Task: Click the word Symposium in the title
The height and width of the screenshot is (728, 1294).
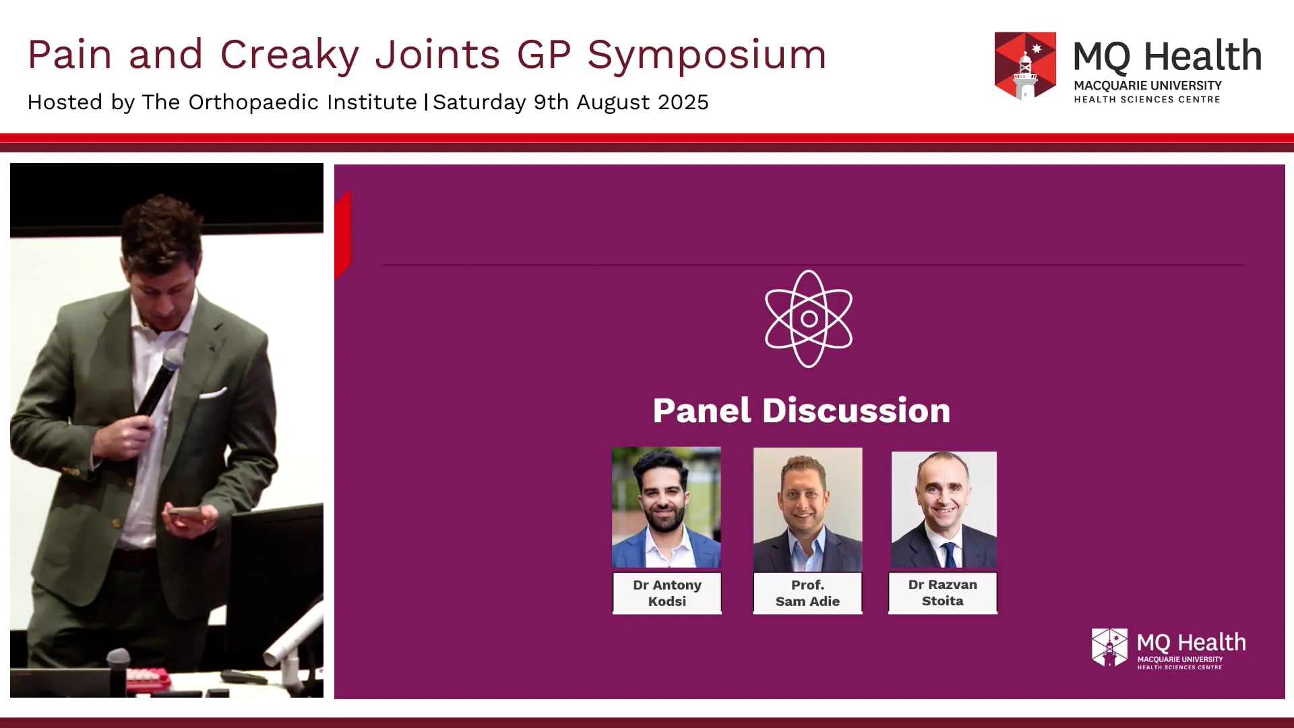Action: [x=706, y=55]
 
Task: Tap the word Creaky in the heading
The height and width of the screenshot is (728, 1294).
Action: [x=290, y=55]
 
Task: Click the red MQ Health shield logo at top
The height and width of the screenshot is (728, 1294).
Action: [x=1025, y=66]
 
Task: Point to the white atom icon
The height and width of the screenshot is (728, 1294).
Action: [x=808, y=319]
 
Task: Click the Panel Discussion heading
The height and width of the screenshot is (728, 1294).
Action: [x=801, y=411]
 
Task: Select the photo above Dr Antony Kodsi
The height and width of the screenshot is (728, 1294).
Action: [x=666, y=507]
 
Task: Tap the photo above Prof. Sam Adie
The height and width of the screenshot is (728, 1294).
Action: [x=807, y=509]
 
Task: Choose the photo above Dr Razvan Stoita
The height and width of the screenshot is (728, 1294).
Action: [x=944, y=510]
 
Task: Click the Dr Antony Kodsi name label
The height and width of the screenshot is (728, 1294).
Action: [x=667, y=593]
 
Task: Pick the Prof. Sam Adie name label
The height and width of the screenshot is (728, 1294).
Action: [x=807, y=593]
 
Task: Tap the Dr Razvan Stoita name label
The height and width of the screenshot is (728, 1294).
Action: [x=942, y=593]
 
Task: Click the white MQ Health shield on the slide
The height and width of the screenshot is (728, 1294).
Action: [x=1109, y=647]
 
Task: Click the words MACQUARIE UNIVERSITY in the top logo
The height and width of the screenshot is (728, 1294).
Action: [x=1147, y=86]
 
